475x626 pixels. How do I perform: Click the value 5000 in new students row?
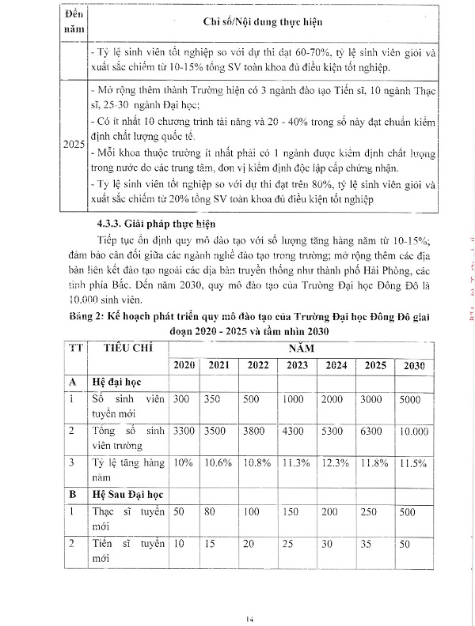point(410,400)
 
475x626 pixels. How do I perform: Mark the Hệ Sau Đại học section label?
point(128,495)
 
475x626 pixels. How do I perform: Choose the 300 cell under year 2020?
point(181,400)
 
